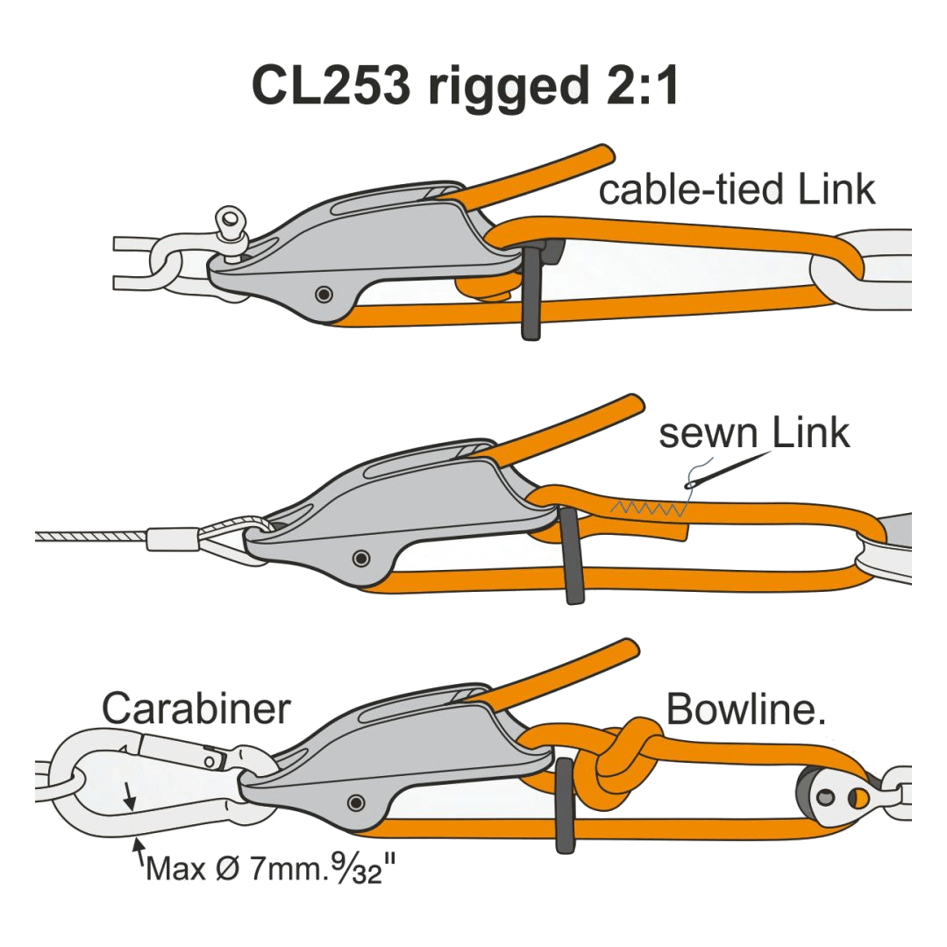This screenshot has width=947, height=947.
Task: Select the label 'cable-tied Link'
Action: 737,189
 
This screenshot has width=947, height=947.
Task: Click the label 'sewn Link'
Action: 754,432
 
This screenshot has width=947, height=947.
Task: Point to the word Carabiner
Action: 196,708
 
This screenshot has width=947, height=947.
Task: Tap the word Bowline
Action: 745,708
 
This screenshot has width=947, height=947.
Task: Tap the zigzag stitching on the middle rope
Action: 649,508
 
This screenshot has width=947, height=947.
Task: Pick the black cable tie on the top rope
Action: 531,294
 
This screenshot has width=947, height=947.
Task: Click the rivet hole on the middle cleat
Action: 359,558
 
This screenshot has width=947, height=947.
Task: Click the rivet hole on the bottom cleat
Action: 355,801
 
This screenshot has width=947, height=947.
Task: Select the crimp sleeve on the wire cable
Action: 171,537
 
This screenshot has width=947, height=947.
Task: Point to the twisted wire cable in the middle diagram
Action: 88,536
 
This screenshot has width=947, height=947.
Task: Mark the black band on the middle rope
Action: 572,557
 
